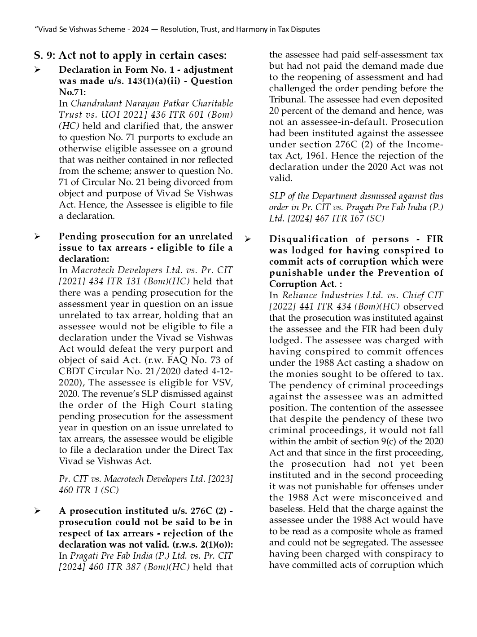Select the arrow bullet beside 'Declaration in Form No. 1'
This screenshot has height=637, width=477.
(37, 70)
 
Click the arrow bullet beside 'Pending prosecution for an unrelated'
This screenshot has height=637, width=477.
(37, 237)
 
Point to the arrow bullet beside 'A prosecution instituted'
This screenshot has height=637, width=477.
(37, 511)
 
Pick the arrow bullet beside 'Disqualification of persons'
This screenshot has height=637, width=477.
(247, 239)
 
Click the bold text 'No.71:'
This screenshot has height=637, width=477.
(72, 92)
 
